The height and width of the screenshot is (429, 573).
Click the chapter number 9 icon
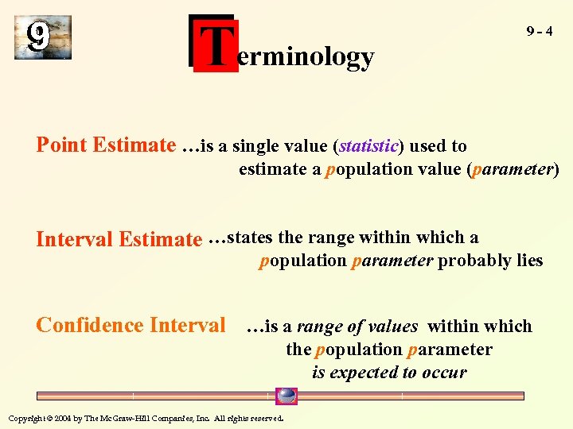point(42,37)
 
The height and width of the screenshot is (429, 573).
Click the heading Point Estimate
point(106,145)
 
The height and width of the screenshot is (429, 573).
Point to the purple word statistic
point(368,146)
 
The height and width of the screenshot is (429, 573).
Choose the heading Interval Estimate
point(119,238)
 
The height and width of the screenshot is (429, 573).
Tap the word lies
point(528,261)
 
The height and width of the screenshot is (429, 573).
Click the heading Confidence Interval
point(131,325)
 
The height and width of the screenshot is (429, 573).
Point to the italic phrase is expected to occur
point(389,373)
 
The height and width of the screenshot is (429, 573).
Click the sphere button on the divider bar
point(286,396)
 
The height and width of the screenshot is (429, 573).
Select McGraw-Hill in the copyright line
point(137,418)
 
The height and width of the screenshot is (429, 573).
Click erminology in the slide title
point(306,57)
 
